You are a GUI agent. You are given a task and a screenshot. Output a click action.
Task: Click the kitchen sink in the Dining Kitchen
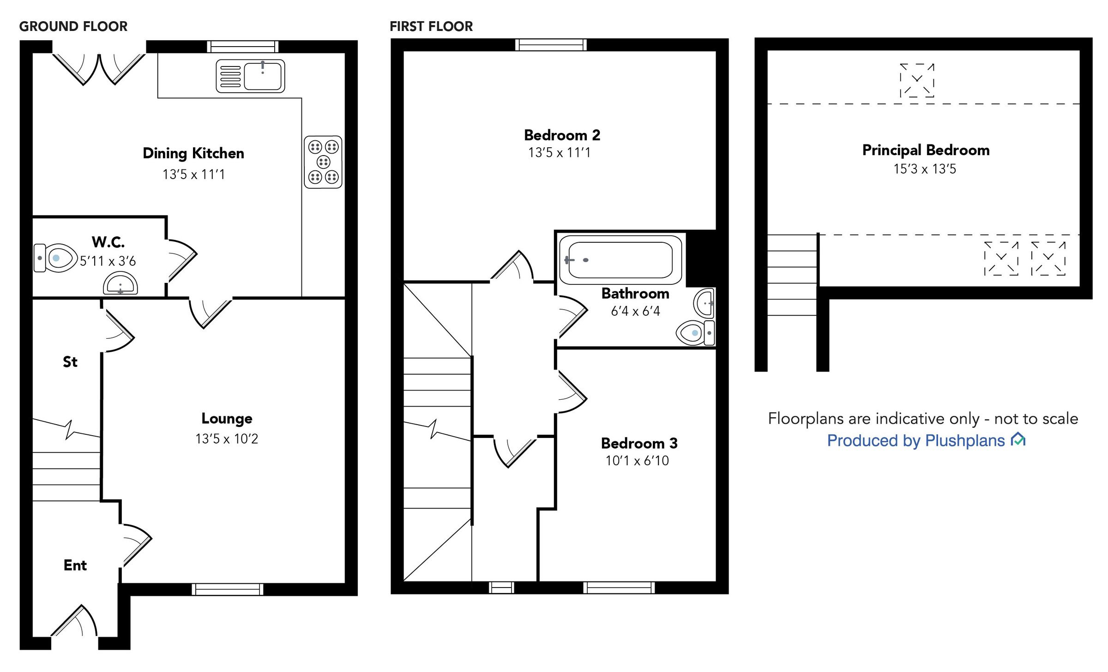pyautogui.click(x=251, y=76)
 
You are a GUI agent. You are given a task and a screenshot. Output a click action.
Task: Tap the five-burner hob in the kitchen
pyautogui.click(x=323, y=162)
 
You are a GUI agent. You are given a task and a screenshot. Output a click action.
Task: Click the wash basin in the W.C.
pyautogui.click(x=120, y=283)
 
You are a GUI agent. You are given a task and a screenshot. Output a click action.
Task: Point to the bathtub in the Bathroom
pyautogui.click(x=620, y=260)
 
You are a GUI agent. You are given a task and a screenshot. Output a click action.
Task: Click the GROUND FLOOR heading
pyautogui.click(x=73, y=26)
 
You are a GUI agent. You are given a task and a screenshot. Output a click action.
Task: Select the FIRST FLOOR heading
pyautogui.click(x=431, y=26)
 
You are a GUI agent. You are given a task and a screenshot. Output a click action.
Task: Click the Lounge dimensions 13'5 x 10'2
pyautogui.click(x=227, y=439)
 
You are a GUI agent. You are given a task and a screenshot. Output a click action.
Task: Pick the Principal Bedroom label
pyautogui.click(x=926, y=150)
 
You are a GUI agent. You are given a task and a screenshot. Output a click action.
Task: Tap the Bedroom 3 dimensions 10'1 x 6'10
pyautogui.click(x=637, y=461)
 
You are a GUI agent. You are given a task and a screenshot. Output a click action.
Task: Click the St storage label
pyautogui.click(x=70, y=362)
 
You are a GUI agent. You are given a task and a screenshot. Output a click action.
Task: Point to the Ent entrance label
pyautogui.click(x=75, y=565)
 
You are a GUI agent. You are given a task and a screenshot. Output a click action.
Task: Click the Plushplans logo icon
pyautogui.click(x=1018, y=439)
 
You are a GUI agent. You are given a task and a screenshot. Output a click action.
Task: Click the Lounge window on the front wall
pyautogui.click(x=227, y=589)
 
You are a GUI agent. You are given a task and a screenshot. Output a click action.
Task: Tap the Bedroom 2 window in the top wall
pyautogui.click(x=551, y=45)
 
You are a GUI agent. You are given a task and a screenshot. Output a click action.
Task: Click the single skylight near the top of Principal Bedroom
pyautogui.click(x=917, y=80)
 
